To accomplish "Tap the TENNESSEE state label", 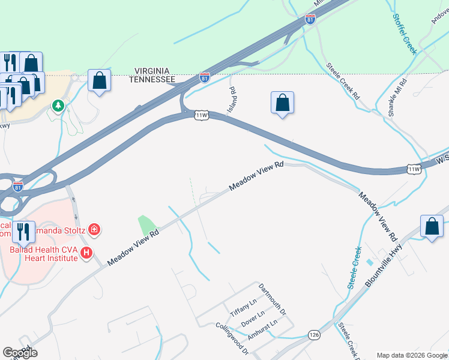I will [154, 79].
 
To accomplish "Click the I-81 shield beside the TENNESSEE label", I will [204, 77].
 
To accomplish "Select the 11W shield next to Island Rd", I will [202, 114].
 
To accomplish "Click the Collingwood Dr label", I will [232, 338].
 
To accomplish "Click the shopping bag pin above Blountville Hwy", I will [432, 226].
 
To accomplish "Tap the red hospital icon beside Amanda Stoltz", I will [94, 229].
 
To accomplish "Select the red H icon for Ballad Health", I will [86, 253].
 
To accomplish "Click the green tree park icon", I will [58, 106].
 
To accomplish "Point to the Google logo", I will [20, 353].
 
